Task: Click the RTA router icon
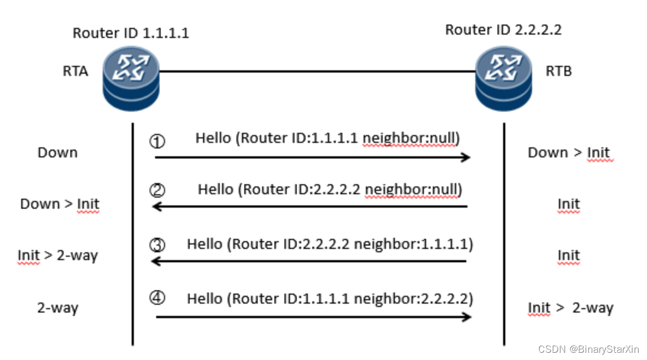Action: pyautogui.click(x=131, y=79)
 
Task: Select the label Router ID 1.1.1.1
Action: pyautogui.click(x=131, y=33)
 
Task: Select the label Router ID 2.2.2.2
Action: pyautogui.click(x=503, y=30)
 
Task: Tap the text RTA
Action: pyautogui.click(x=75, y=71)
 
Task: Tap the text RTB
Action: pyautogui.click(x=559, y=71)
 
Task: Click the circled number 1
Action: pyautogui.click(x=157, y=141)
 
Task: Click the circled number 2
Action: pyautogui.click(x=157, y=191)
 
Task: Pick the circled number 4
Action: pyautogui.click(x=157, y=298)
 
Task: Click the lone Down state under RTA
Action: pyautogui.click(x=57, y=152)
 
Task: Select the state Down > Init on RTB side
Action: pyautogui.click(x=568, y=152)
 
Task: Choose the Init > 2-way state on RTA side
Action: pyautogui.click(x=57, y=256)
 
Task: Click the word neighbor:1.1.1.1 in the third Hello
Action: pyautogui.click(x=413, y=244)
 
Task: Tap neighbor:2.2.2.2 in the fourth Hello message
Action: pyautogui.click(x=413, y=299)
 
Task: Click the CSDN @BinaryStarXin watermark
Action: pyautogui.click(x=588, y=349)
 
